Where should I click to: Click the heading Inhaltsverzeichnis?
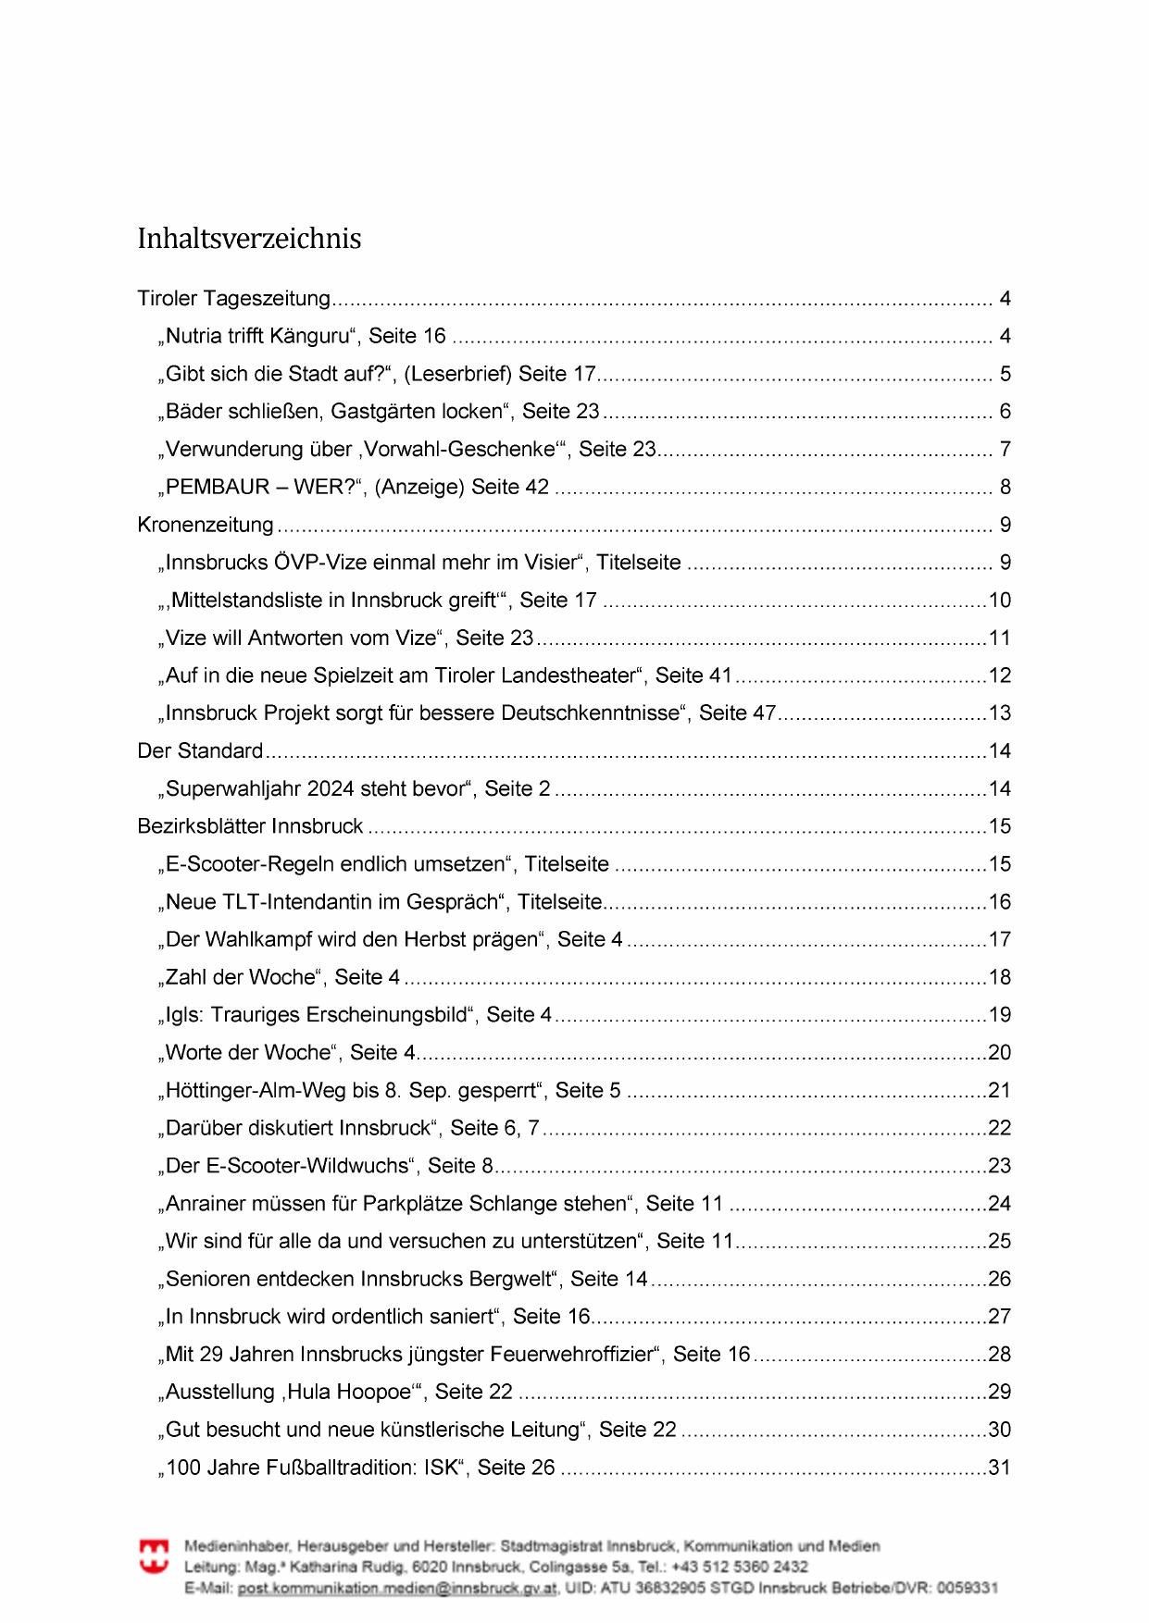[249, 239]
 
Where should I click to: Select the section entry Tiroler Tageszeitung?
[233, 299]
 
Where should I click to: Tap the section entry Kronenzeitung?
[206, 526]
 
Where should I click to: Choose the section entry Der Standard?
[200, 751]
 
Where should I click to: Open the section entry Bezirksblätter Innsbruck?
[250, 826]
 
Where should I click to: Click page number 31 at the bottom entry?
[999, 1468]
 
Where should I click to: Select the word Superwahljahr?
[233, 789]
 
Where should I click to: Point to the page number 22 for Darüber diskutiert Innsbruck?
[999, 1128]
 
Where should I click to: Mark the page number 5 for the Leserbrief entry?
[1005, 375]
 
